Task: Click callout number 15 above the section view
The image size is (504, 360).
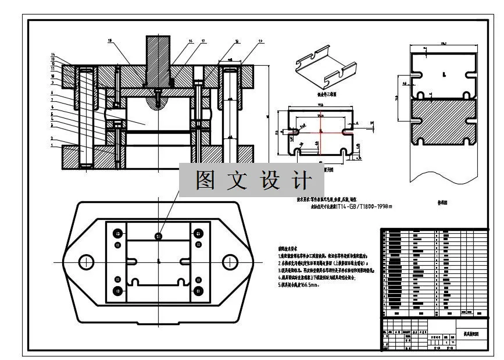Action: (x=110, y=41)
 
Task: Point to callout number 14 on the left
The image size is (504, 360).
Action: (x=53, y=55)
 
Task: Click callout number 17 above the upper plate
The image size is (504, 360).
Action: (x=203, y=42)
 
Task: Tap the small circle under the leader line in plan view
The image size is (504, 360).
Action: (x=158, y=235)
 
